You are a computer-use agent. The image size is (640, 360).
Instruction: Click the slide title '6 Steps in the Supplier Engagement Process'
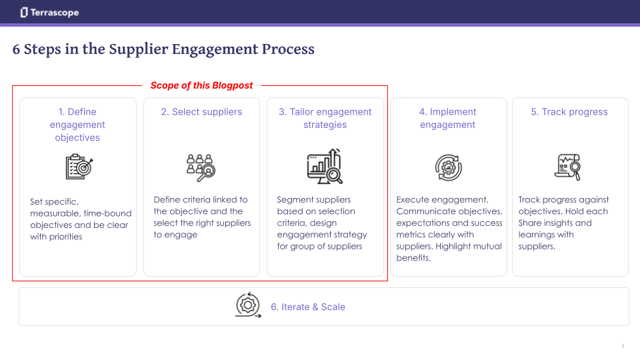click(163, 49)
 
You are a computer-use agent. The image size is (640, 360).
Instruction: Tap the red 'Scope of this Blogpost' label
click(201, 85)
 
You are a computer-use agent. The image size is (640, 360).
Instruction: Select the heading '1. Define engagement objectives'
click(77, 125)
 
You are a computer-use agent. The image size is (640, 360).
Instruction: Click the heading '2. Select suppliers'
click(201, 112)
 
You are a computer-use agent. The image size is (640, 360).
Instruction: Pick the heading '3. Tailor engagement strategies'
click(325, 118)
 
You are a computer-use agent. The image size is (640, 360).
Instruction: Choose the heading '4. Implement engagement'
click(447, 118)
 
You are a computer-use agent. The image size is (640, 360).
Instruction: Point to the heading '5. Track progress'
click(569, 112)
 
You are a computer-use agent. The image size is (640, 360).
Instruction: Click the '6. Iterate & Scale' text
click(307, 307)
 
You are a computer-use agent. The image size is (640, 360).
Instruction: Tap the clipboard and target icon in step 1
click(79, 167)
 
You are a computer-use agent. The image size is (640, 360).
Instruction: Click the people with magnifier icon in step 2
click(201, 167)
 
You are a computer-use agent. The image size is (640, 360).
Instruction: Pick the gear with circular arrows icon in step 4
click(447, 167)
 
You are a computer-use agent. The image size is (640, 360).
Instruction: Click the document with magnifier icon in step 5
click(568, 167)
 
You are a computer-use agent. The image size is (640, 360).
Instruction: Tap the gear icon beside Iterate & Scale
click(248, 305)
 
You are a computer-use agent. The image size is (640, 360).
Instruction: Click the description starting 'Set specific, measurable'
click(80, 219)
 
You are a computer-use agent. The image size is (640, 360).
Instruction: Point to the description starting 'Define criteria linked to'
click(201, 217)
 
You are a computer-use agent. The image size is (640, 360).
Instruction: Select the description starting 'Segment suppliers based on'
click(322, 223)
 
